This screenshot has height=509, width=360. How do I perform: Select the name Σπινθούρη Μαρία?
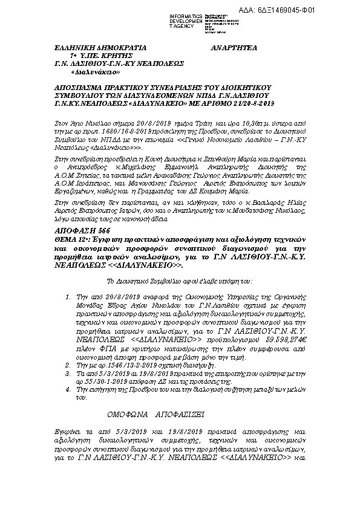tap(230, 155)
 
